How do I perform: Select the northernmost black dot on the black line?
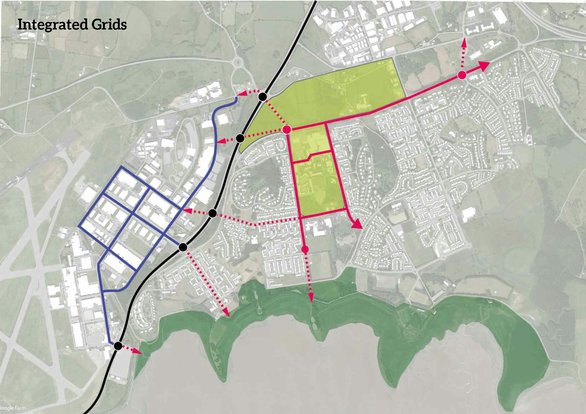[263, 97]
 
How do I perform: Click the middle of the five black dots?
[212, 213]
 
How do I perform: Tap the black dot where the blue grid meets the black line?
[183, 247]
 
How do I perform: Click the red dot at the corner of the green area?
[287, 130]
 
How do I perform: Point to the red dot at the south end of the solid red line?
[305, 249]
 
